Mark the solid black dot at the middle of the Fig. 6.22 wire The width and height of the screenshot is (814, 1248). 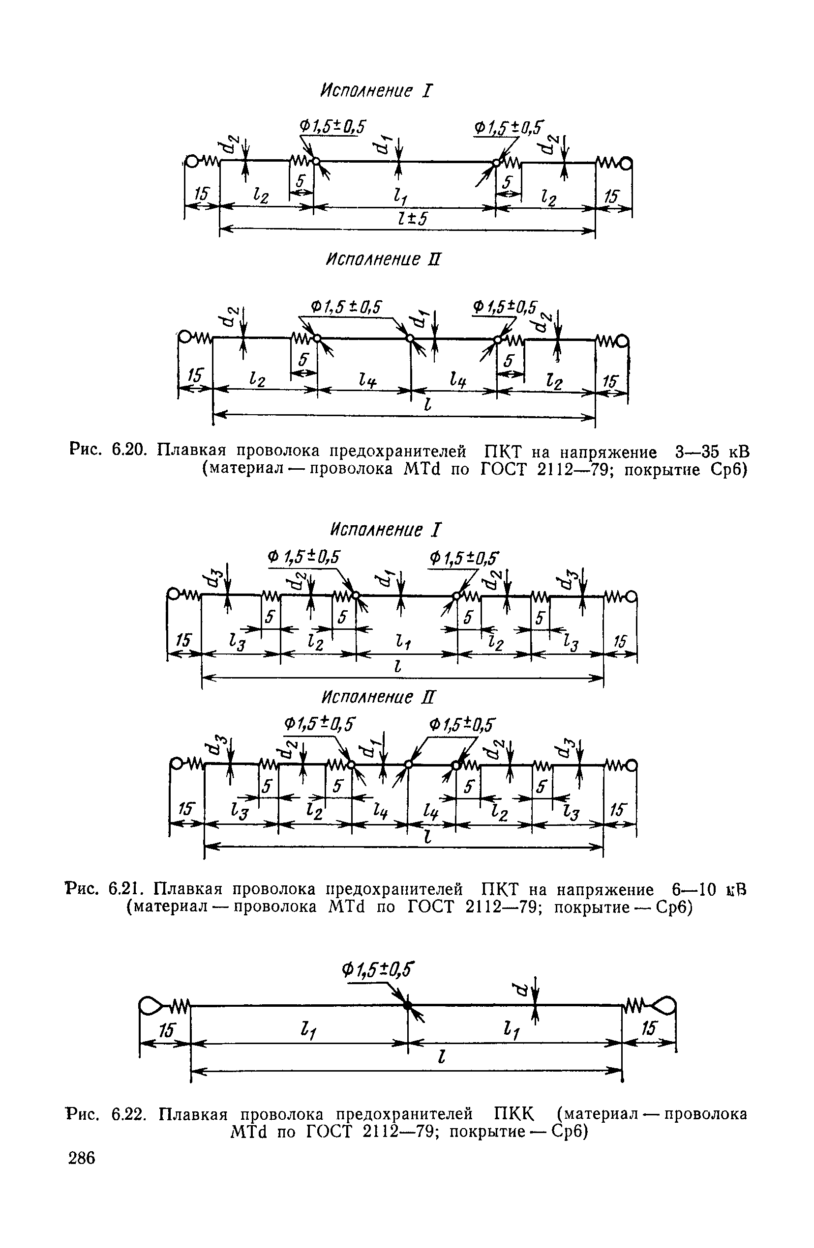click(408, 1005)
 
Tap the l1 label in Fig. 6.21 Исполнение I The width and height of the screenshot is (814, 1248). click(405, 643)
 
